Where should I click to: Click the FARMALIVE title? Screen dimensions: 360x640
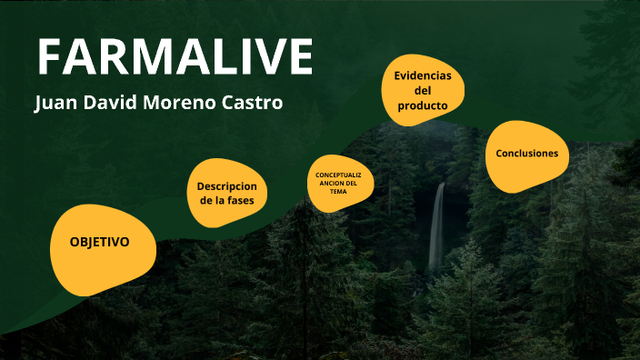(x=175, y=56)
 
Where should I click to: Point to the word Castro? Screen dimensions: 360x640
(x=252, y=103)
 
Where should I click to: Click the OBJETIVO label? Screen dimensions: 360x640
(x=99, y=243)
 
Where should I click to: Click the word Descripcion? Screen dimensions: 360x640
(x=227, y=185)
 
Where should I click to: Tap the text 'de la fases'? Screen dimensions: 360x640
(x=227, y=200)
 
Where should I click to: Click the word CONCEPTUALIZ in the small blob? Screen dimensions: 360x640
(x=339, y=175)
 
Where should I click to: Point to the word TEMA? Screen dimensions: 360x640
(x=339, y=192)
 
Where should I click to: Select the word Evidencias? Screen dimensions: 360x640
(x=423, y=75)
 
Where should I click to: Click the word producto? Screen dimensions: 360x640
(x=423, y=106)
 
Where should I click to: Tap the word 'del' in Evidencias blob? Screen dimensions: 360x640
(x=423, y=91)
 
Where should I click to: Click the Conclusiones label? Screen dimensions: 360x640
(x=526, y=154)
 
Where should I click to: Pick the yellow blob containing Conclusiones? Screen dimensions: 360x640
(x=526, y=173)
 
